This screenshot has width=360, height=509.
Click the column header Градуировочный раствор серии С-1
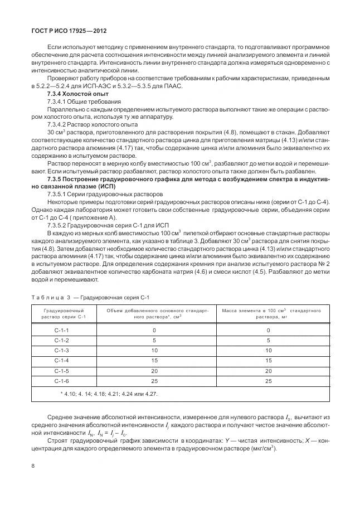pos(62,313)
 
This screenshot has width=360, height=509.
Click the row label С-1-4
pos(62,361)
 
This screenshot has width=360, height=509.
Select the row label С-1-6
pos(62,381)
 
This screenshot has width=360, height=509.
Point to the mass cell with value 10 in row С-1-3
pos(268,351)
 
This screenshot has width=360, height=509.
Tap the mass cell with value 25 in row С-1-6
pos(268,381)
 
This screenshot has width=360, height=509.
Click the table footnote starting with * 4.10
pos(109,394)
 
